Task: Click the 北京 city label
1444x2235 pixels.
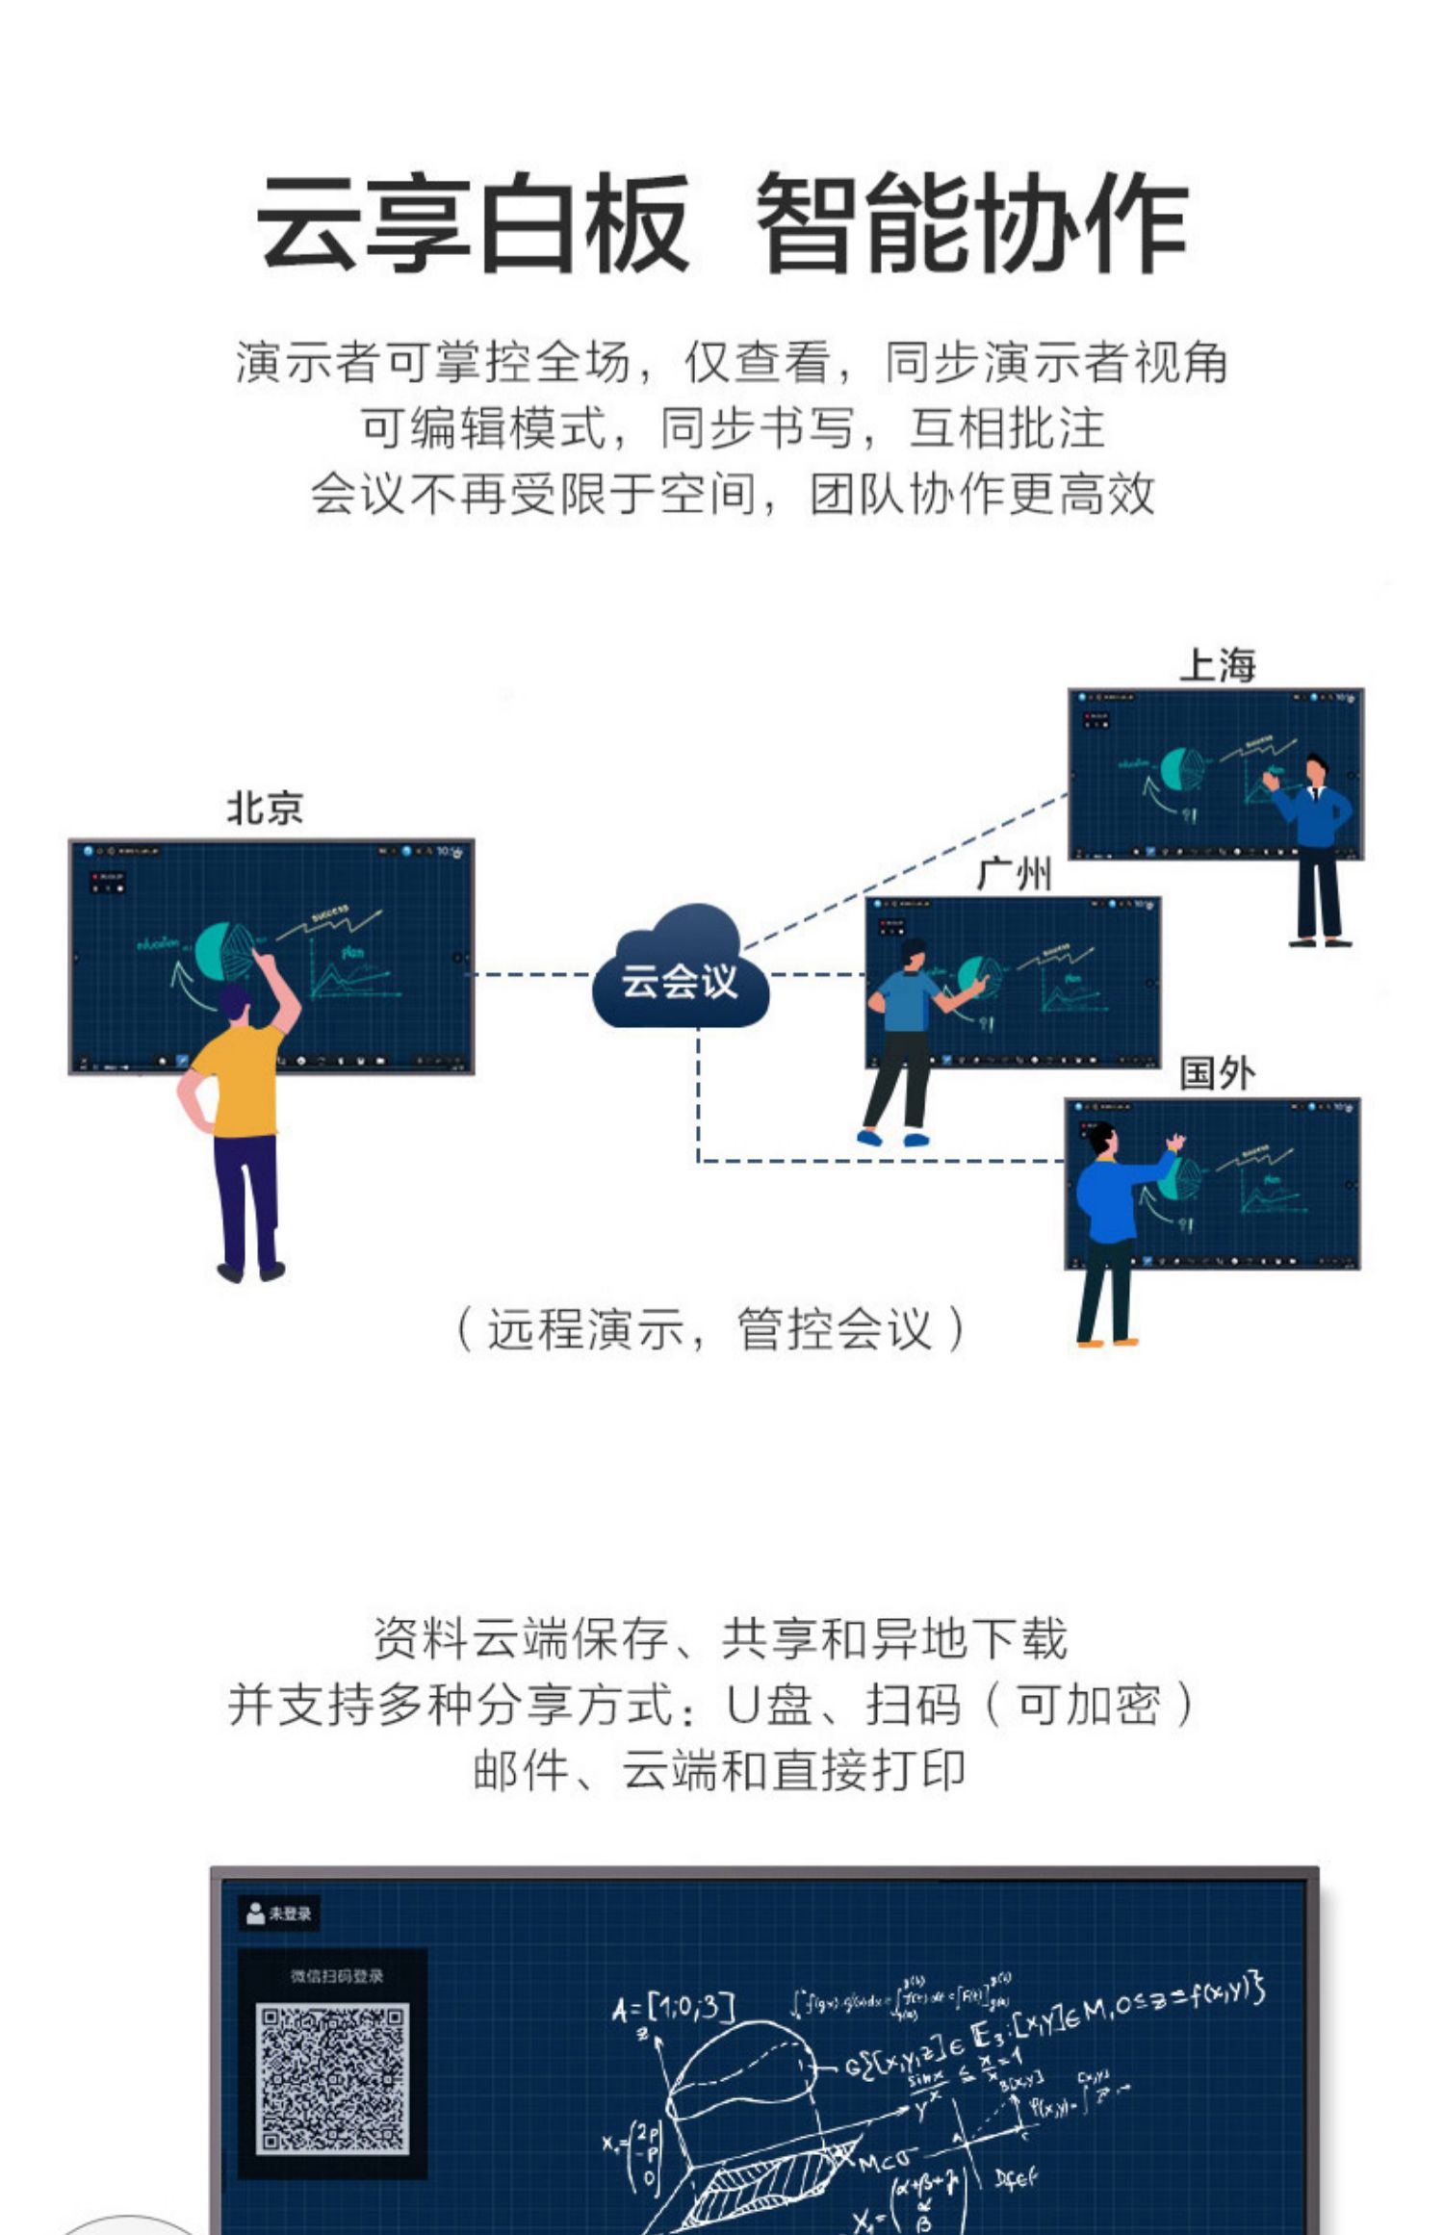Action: click(265, 809)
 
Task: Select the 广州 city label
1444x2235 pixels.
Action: click(1014, 875)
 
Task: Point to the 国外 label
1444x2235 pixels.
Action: click(1218, 1073)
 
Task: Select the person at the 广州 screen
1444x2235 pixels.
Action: click(905, 1030)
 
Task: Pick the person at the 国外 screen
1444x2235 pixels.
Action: click(1112, 1222)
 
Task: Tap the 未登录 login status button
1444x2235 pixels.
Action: click(279, 1914)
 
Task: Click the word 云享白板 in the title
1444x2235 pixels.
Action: click(472, 222)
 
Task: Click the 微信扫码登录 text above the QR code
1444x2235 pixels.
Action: click(336, 1976)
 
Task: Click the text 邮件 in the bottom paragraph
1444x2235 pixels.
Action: click(520, 1770)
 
